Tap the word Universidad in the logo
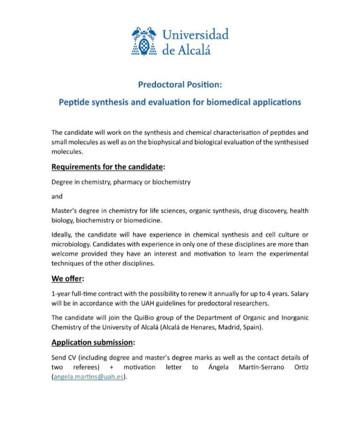(x=195, y=35)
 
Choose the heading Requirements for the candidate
(x=107, y=166)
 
